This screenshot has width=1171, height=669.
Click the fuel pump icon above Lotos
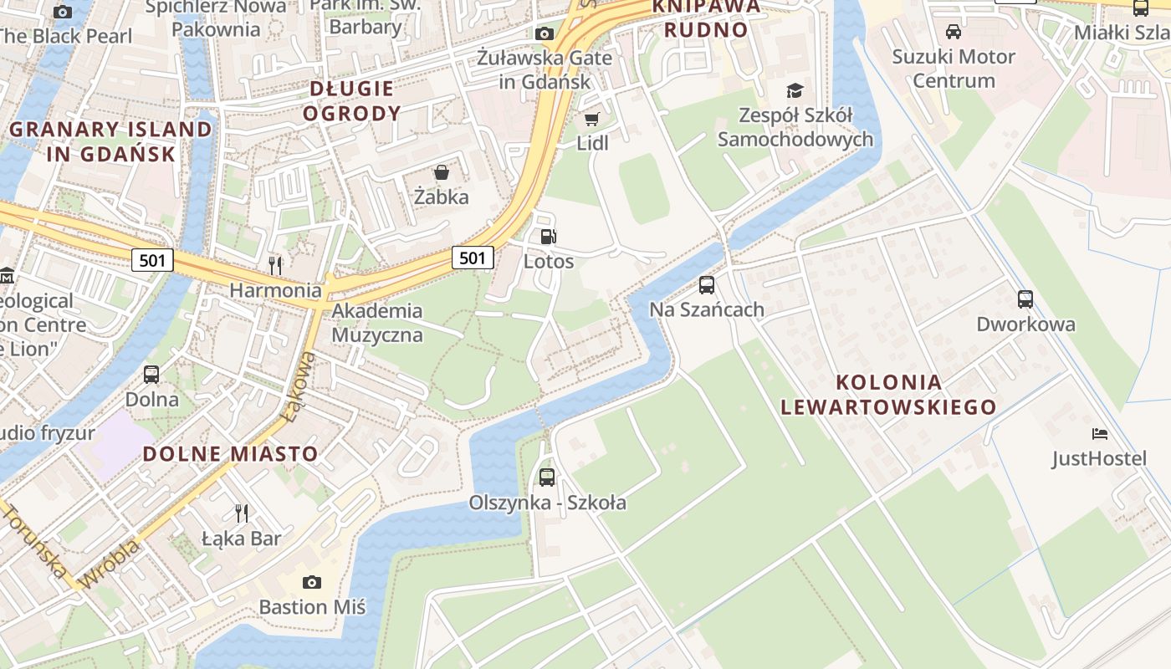point(548,237)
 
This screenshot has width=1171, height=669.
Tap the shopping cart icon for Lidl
point(592,119)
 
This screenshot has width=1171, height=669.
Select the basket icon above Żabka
point(441,172)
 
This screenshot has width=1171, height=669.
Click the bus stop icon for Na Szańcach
point(707,285)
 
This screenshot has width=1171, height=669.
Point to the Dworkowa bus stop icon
point(1025,299)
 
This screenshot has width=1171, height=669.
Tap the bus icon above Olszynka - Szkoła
point(547,477)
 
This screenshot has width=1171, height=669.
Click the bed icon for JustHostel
point(1100,433)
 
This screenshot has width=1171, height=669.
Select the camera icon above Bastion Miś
point(312,582)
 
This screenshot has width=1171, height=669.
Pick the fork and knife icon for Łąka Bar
point(241,513)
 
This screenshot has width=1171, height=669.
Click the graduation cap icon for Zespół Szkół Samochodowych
point(795,90)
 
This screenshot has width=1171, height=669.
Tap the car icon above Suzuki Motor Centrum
point(953,32)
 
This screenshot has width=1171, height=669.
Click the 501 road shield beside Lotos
point(473,258)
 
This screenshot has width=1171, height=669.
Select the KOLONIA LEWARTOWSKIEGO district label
point(888,395)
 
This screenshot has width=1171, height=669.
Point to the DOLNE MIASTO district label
point(230,454)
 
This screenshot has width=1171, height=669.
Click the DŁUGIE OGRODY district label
point(351,100)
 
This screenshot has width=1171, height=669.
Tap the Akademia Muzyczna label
point(377,323)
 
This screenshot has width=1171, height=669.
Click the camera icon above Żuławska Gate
point(545,33)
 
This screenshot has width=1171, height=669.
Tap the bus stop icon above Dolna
point(151,374)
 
